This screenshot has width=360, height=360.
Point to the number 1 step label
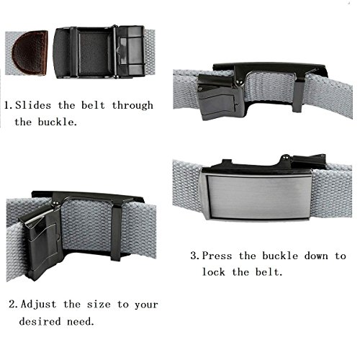click(x=7, y=105)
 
